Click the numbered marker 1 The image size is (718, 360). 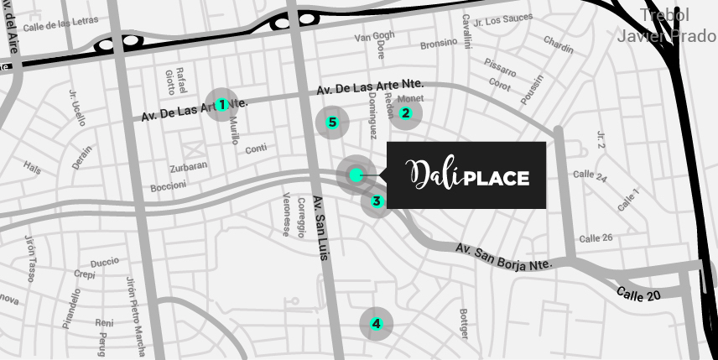coord(221,105)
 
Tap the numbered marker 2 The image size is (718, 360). coord(406,113)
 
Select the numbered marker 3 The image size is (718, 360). coord(377,201)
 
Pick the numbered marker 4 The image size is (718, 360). coord(377,324)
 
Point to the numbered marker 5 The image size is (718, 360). coord(332,123)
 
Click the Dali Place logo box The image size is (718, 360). coord(466,175)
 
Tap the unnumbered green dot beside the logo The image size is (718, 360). coord(356,175)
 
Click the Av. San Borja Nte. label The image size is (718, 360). coord(504,257)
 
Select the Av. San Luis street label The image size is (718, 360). coord(320,227)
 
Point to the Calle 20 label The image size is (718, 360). coord(638,295)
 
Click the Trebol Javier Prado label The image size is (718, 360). coord(664,25)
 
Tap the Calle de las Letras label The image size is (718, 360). coord(60,24)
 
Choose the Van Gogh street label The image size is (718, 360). coord(374,36)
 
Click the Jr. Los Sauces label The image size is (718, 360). coord(502,20)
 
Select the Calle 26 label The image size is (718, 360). coord(596,238)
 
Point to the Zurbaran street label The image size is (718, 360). coord(188,166)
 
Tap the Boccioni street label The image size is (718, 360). coord(169,186)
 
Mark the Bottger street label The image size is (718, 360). coord(463,324)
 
